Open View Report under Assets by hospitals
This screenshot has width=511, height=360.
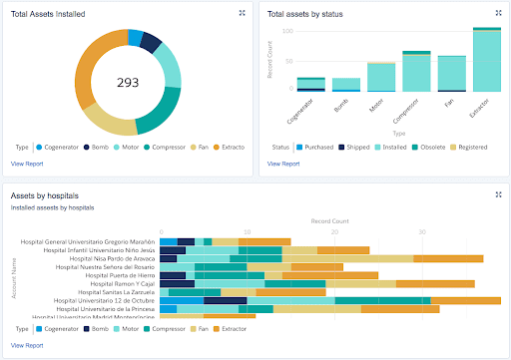(x=27, y=345)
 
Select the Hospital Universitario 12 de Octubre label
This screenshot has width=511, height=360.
(x=105, y=300)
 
